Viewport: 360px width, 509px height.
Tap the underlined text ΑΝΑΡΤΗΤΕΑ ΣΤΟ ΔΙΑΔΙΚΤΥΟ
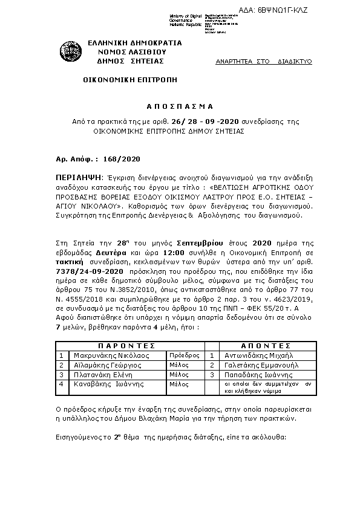[264, 62]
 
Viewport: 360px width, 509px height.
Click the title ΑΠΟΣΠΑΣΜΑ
[179, 103]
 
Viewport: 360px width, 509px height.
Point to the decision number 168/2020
[122, 160]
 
